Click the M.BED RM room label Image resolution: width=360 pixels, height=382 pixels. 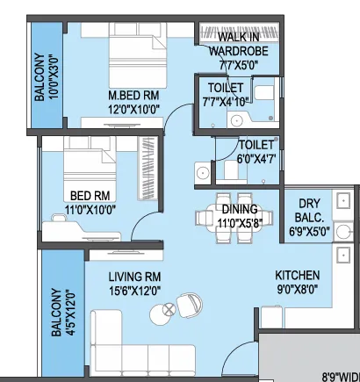point(133,96)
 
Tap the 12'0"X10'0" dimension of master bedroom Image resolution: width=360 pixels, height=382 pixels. point(133,110)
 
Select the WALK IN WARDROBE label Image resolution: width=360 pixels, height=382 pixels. point(239,44)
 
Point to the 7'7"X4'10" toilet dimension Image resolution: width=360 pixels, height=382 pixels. point(227,102)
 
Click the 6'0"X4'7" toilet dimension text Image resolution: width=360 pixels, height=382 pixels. point(256,159)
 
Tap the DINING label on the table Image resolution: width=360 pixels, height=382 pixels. point(240,209)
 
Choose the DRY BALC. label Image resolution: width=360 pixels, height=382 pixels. point(309,211)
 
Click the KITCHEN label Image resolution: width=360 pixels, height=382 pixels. point(298,276)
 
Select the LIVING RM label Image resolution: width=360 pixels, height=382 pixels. point(134,277)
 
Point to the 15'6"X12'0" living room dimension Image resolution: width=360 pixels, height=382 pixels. point(134,291)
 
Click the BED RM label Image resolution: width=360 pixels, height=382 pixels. point(90,196)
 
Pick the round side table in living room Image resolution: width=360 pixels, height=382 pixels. point(162,314)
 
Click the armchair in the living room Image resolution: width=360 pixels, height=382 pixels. point(190,305)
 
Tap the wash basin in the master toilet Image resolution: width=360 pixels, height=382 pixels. point(236,120)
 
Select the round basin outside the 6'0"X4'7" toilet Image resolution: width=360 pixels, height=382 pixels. point(202,173)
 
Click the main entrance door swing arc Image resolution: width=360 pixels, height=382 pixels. point(234,350)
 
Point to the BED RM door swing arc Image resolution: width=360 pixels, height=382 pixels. point(140,219)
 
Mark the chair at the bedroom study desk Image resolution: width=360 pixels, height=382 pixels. point(60,218)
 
